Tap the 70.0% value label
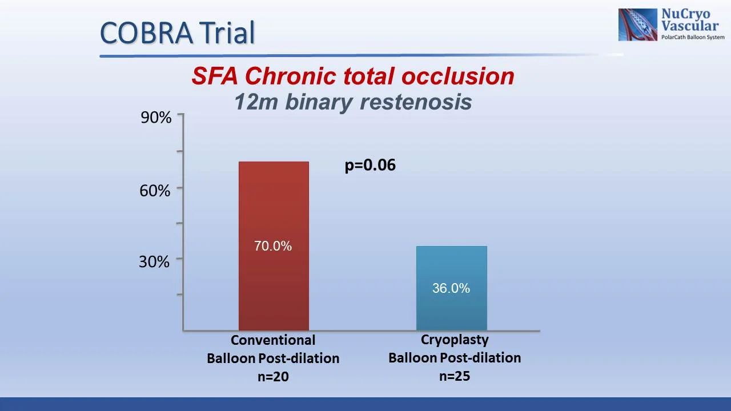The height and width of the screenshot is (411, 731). point(273,246)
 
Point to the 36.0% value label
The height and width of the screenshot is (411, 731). point(451,288)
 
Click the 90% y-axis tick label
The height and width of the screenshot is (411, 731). point(156,118)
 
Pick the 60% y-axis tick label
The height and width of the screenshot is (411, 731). point(155,191)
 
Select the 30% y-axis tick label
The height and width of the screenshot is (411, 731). point(154,261)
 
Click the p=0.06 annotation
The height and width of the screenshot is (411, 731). point(370,165)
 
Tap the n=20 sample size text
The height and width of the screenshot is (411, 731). point(273,376)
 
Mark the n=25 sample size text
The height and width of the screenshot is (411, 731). point(455,376)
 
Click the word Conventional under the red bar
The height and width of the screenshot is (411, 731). point(273,340)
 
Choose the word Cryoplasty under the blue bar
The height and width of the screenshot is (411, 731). point(455,340)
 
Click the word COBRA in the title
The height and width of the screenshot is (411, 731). point(146,33)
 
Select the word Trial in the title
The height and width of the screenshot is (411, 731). point(227,33)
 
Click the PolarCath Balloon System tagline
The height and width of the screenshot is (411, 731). point(692,37)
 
